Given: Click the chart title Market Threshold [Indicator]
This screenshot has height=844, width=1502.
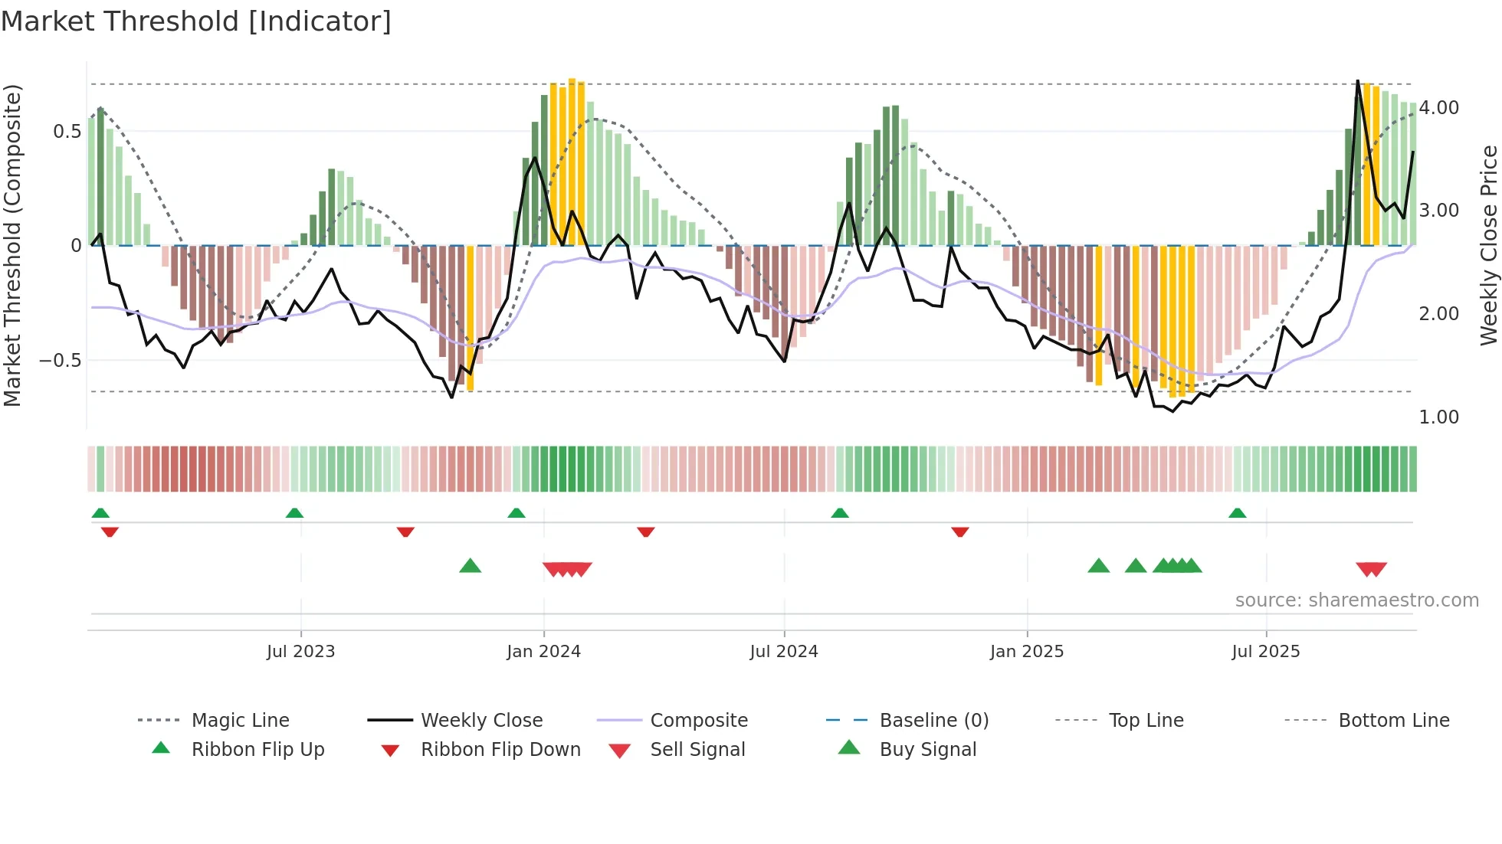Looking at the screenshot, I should coord(196,21).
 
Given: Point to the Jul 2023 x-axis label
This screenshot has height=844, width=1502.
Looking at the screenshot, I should coord(300,652).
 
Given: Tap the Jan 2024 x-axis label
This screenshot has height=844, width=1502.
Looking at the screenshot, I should coord(543,652).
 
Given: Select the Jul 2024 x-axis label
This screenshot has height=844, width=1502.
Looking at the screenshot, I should coord(783,652).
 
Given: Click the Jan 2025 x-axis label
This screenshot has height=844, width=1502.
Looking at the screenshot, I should coord(1026,652).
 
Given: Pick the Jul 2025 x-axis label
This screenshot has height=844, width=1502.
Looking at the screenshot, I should coord(1265,652).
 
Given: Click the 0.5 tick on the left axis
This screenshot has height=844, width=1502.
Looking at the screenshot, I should coord(67,132).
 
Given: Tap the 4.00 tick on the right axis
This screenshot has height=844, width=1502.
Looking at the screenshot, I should coord(1438,108).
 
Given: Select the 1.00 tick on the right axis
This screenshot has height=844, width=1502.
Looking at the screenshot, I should coord(1438,417).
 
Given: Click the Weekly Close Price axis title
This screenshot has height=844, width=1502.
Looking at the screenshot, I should coord(1488,245).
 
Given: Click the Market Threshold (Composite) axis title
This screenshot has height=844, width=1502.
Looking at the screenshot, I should coord(12,245).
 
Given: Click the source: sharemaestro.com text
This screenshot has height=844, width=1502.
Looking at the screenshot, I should coord(1356,600).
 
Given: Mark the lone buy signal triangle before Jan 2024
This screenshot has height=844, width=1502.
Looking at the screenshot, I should coord(470,567).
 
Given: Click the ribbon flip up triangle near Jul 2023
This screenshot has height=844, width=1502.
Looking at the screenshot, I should coord(294,513).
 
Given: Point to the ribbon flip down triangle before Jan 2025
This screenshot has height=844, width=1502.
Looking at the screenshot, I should coord(959,532).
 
